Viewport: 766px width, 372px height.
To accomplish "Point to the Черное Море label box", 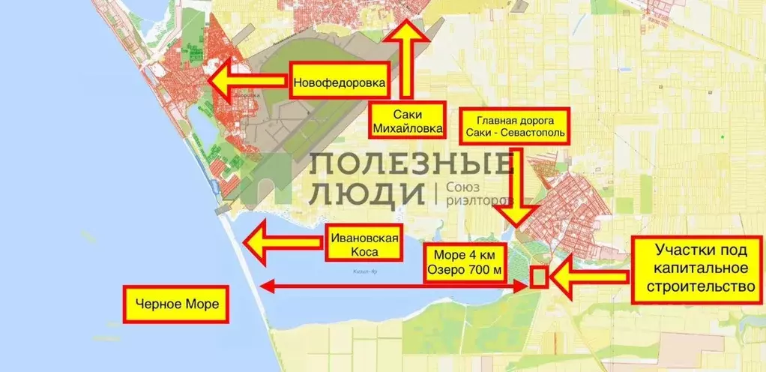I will [177, 305].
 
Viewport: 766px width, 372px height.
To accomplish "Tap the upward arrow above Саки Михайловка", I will [406, 64].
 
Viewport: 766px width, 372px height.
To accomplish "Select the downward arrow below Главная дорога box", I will [516, 187].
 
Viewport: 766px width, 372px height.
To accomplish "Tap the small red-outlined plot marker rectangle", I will [538, 276].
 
